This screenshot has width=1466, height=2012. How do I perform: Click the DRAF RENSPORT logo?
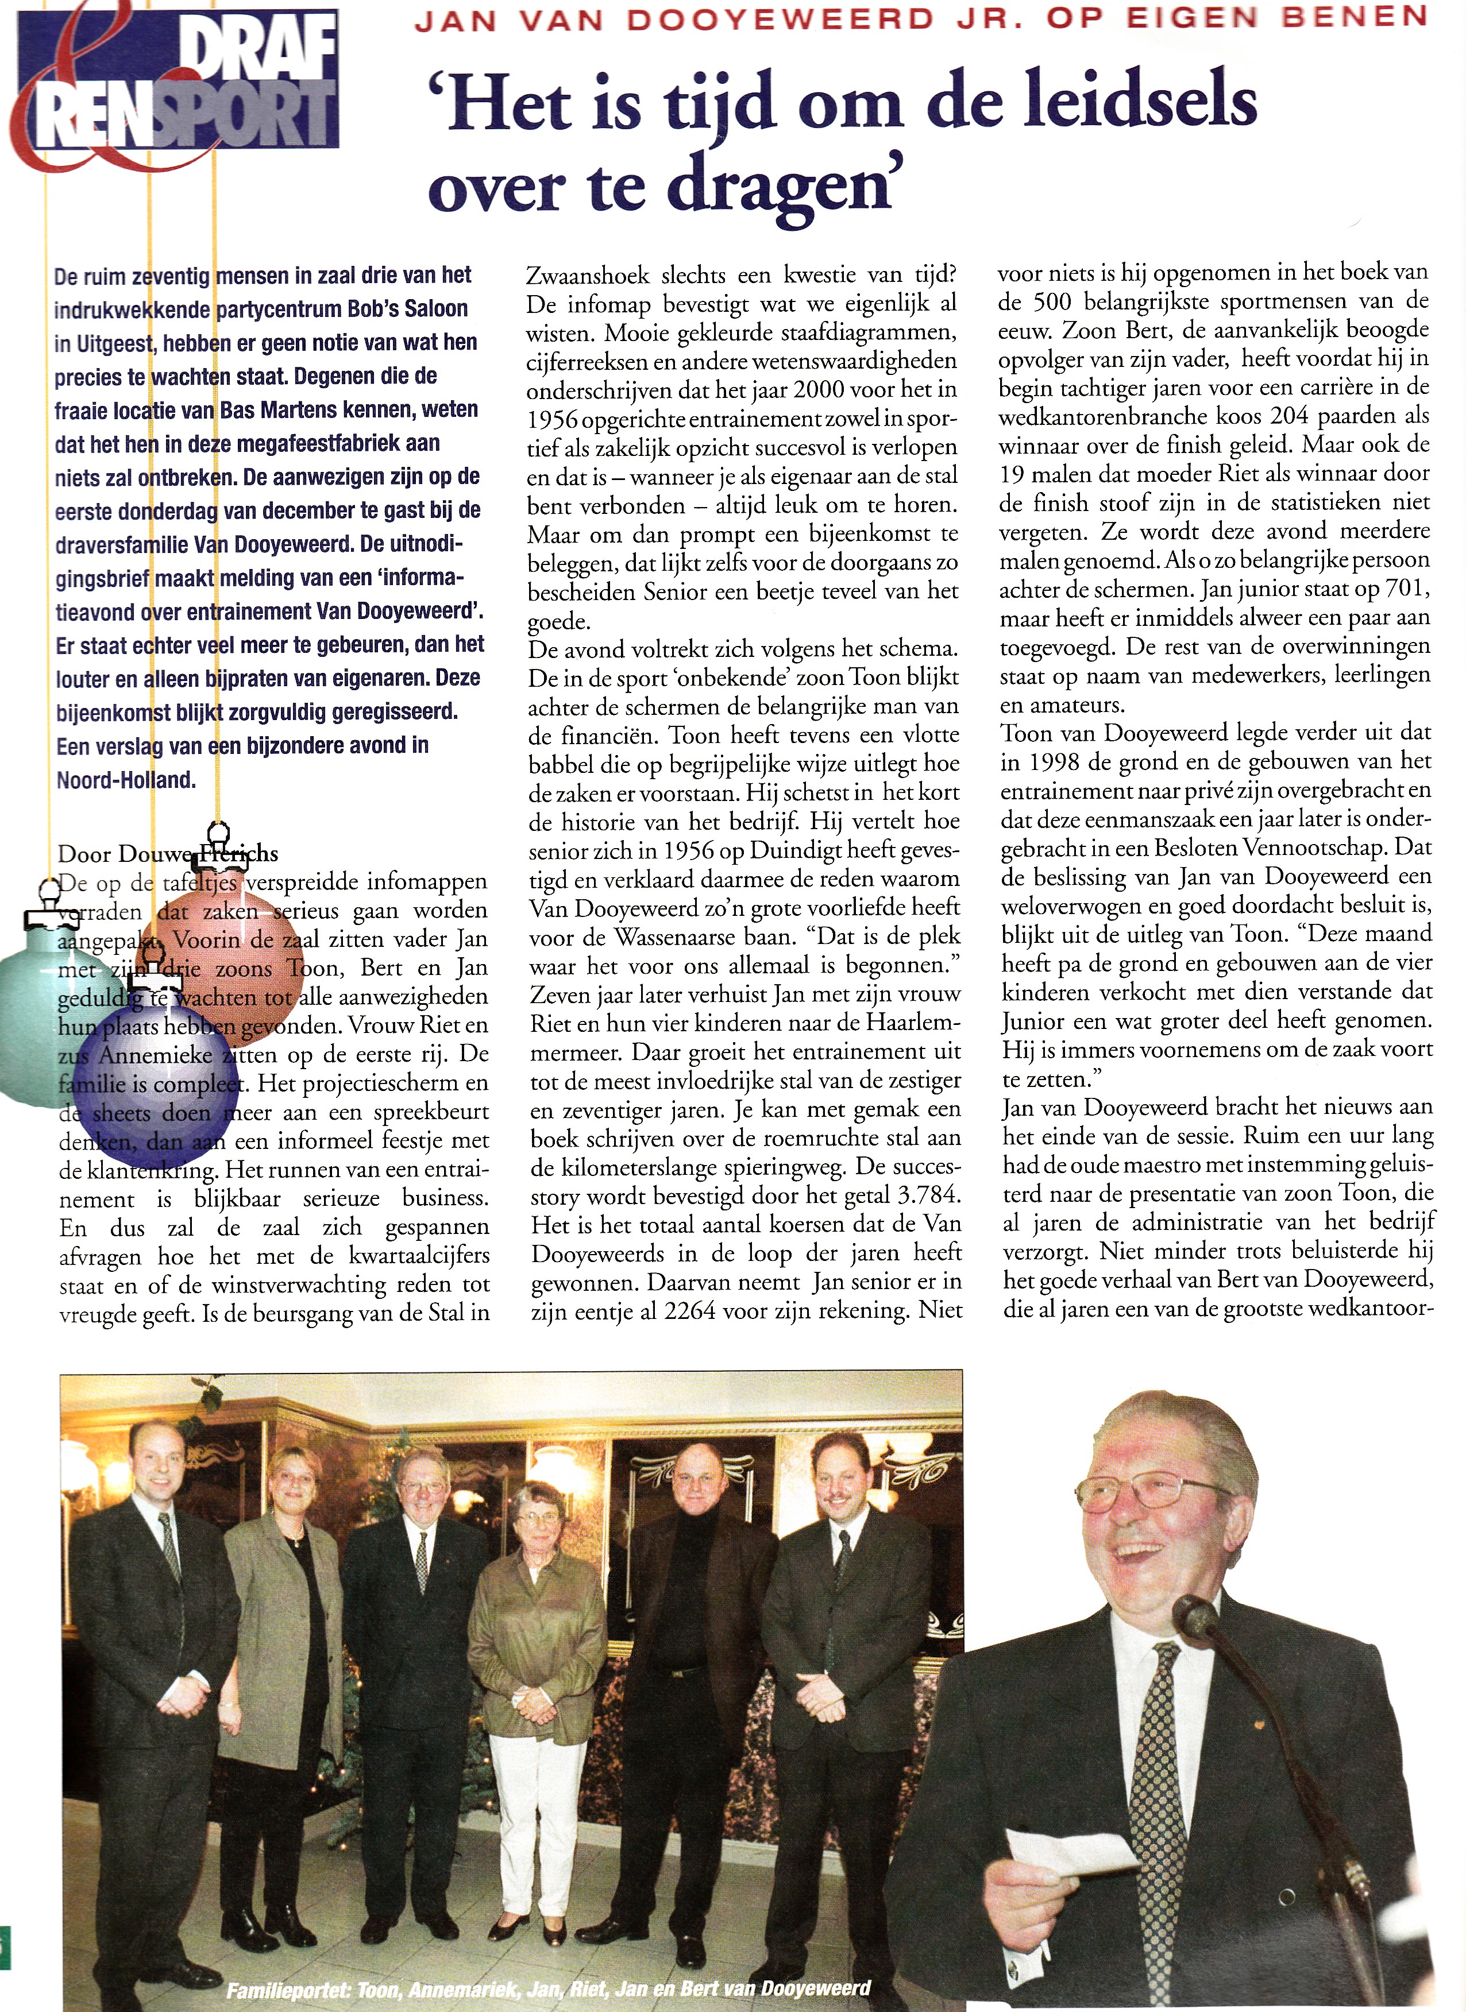178,88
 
